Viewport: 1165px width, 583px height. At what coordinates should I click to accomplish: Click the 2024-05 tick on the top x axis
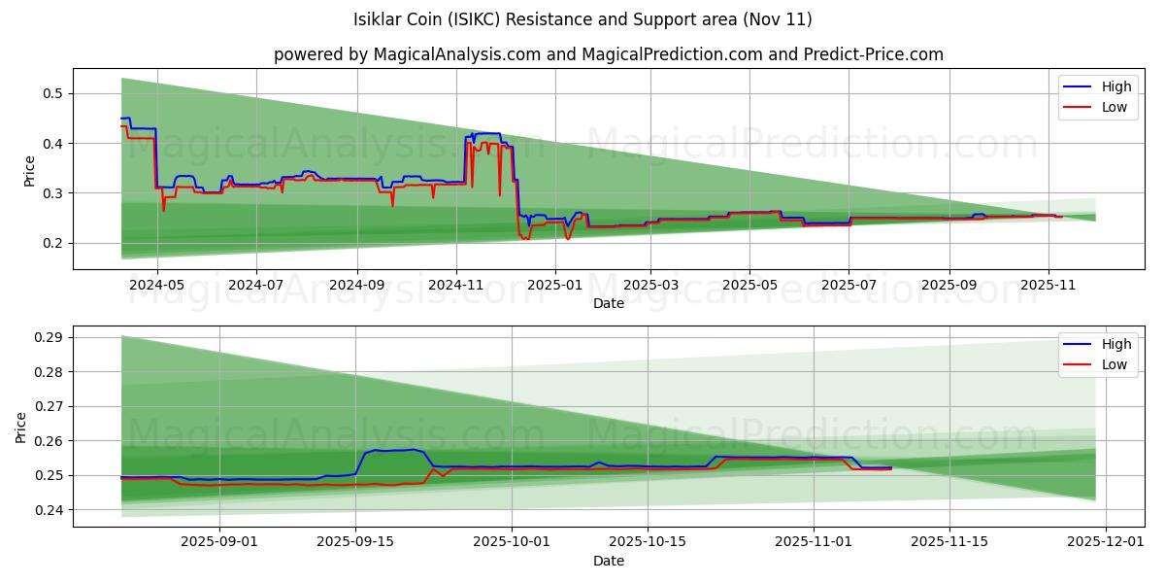click(x=157, y=286)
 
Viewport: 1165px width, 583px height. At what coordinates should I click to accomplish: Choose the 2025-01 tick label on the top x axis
click(x=554, y=286)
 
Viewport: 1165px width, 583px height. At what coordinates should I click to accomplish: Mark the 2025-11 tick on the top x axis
click(x=1048, y=286)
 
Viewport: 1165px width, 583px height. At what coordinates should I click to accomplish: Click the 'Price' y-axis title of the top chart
click(x=29, y=170)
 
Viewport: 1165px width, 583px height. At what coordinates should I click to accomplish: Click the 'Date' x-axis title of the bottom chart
click(x=609, y=561)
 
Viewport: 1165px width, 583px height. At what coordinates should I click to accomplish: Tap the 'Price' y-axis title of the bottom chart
click(x=21, y=427)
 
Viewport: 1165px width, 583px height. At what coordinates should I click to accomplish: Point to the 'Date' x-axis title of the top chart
click(x=609, y=303)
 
